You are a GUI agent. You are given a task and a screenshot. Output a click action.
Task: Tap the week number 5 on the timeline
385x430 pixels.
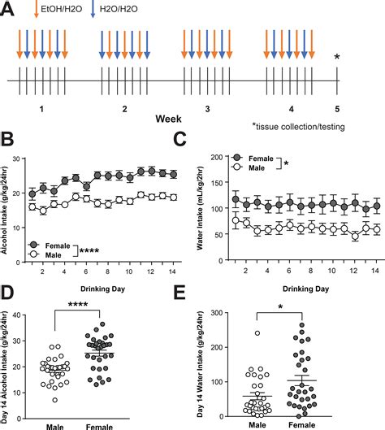click(x=337, y=107)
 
